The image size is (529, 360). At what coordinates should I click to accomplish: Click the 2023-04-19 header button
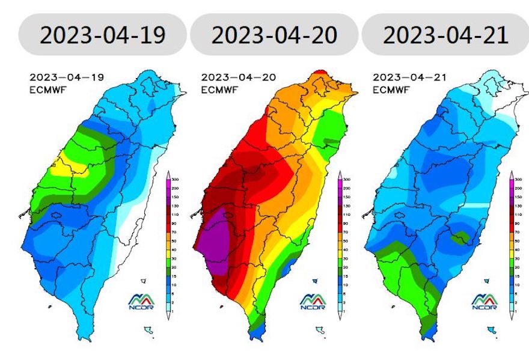pyautogui.click(x=102, y=34)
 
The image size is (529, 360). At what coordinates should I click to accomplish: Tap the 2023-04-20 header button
pyautogui.click(x=274, y=34)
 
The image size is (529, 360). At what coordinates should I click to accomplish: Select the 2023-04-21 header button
pyautogui.click(x=445, y=34)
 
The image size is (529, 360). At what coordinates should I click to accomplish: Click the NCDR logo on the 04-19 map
pyautogui.click(x=142, y=301)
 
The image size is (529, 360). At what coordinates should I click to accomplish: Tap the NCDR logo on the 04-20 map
pyautogui.click(x=313, y=301)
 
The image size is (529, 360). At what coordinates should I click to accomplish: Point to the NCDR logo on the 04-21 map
pyautogui.click(x=485, y=301)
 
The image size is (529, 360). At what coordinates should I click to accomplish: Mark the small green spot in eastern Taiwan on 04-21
pyautogui.click(x=461, y=237)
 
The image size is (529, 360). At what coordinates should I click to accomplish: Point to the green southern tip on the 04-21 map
pyautogui.click(x=427, y=325)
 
